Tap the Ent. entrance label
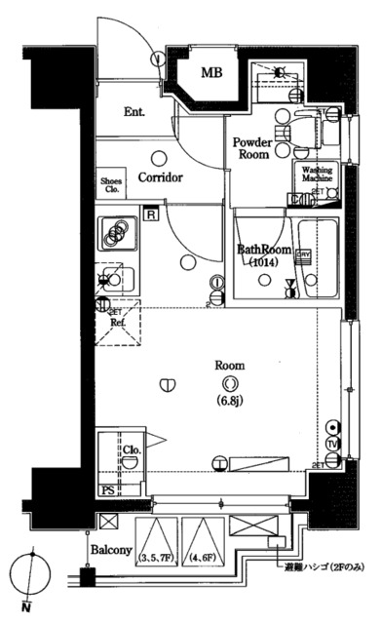point(135,112)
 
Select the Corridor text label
point(161,178)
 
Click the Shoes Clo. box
point(112,185)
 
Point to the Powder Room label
point(250,147)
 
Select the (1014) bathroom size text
point(264,263)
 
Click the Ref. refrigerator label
point(117,322)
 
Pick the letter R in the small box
point(152,215)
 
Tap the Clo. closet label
point(133,449)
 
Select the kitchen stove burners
point(116,233)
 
